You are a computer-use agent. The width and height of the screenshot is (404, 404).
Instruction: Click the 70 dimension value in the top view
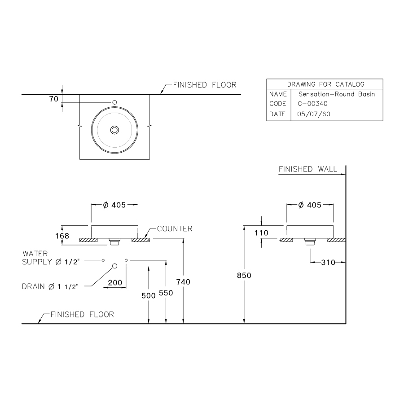click(54, 99)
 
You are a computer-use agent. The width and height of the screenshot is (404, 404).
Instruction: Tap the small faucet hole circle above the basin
click(114, 102)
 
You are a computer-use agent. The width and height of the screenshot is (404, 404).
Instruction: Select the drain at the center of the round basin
click(114, 130)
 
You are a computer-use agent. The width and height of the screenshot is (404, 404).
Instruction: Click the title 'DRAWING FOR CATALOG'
click(325, 84)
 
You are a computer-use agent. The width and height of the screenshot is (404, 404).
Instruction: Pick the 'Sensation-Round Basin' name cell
click(336, 94)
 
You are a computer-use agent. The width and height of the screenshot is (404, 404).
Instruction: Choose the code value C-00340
click(312, 104)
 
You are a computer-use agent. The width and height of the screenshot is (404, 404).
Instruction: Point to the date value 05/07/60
click(314, 114)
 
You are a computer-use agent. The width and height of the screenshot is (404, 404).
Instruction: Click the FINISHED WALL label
click(307, 169)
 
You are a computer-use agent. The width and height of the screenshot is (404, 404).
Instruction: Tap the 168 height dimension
click(62, 236)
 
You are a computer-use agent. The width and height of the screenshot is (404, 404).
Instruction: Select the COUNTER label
click(175, 228)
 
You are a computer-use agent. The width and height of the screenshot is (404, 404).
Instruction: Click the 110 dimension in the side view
click(260, 233)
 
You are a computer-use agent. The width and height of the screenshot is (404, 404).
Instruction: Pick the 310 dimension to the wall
click(328, 263)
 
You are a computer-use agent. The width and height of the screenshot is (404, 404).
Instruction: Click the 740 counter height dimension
click(183, 281)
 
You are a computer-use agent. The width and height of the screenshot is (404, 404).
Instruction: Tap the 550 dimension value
click(166, 292)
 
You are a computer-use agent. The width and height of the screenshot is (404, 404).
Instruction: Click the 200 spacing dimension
click(114, 282)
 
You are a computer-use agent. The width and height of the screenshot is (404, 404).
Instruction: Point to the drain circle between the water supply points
click(114, 266)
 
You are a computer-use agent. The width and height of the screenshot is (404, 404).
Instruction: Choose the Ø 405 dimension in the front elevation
click(114, 205)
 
